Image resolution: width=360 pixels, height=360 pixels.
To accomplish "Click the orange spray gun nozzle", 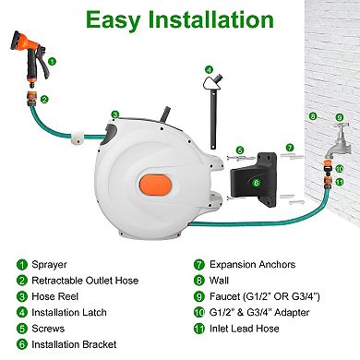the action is (x=30, y=58).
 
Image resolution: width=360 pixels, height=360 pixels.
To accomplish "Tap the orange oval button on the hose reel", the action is (x=155, y=185).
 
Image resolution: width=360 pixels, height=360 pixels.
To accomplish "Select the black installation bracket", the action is (x=254, y=179).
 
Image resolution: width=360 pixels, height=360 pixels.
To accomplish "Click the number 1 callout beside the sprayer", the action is (x=53, y=62).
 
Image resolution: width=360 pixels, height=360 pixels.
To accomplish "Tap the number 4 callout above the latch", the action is (x=209, y=69).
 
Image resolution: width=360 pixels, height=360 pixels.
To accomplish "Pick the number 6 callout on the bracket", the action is (x=256, y=183).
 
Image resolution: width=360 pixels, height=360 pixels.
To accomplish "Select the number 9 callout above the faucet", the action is (x=339, y=117).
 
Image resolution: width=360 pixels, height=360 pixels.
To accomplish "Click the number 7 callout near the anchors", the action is (x=290, y=148).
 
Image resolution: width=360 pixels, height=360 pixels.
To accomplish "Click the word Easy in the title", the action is (x=113, y=20).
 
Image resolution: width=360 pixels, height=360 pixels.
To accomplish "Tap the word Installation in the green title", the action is (x=210, y=19).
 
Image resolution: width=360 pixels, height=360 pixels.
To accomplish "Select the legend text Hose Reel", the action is (x=55, y=296).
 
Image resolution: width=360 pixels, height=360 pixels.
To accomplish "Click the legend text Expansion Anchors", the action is (x=252, y=264).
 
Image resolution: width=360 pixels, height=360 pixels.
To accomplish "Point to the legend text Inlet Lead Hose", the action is (x=245, y=329).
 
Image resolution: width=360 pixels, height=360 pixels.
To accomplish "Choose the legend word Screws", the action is (x=48, y=329).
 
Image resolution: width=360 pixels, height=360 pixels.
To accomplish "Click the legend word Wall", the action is (x=219, y=281).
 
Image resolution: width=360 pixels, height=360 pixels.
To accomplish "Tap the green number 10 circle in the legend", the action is (x=199, y=312).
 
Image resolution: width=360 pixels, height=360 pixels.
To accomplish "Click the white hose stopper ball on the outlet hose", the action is (x=77, y=137).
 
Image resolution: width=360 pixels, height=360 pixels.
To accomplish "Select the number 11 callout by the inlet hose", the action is (x=340, y=182).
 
